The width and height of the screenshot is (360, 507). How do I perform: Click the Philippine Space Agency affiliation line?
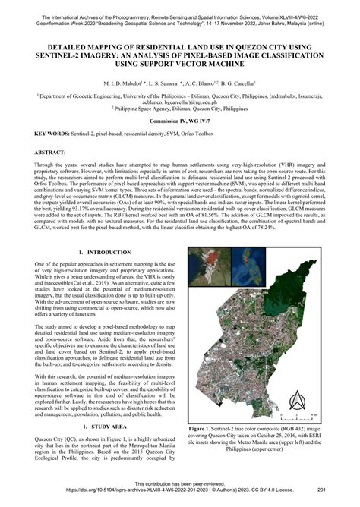pos(180,108)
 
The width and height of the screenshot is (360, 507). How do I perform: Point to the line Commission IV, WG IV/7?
pos(180,121)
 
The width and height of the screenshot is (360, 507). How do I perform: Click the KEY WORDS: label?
pos(43,133)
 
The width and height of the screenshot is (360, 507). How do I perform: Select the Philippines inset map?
pos(247,266)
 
